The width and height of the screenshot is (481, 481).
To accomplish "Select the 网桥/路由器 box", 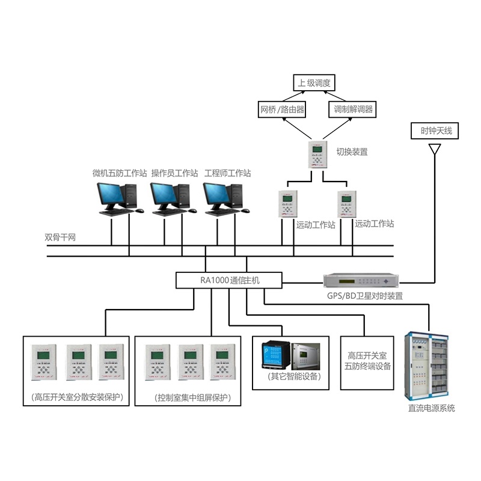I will point(281,109).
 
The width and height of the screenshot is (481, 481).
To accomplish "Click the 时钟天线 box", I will point(432,130).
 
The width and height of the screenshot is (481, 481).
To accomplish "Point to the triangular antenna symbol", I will point(432,148).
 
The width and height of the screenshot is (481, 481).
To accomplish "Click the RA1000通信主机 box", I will point(229,280).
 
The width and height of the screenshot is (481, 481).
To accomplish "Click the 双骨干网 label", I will point(60,237).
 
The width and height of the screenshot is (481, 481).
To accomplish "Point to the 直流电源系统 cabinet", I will point(429,366).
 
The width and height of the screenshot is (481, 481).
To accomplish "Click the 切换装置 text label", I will point(352,152).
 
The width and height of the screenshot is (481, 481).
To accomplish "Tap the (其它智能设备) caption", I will point(290,377).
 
